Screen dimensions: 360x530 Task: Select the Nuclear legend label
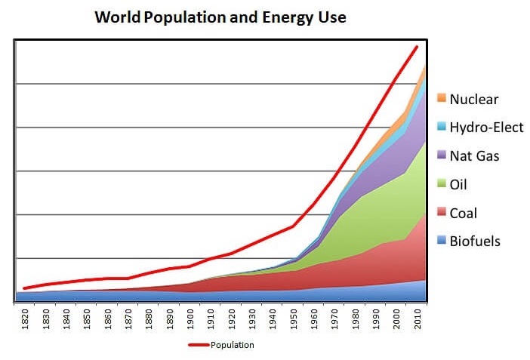[x=474, y=99]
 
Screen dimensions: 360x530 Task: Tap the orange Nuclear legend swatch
[x=441, y=99]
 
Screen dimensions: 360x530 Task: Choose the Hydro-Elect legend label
[x=486, y=128]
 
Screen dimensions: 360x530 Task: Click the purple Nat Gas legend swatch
[x=441, y=156]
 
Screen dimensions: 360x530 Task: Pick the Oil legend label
[x=459, y=185]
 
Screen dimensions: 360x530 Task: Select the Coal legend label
[x=464, y=214]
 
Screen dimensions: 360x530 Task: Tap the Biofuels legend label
[x=475, y=242]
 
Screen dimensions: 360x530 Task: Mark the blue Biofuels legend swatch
[x=441, y=242]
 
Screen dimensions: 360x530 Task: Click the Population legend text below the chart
[x=233, y=345]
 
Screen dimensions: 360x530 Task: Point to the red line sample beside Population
[x=198, y=345]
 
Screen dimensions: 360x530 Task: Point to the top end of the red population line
[x=416, y=47]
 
